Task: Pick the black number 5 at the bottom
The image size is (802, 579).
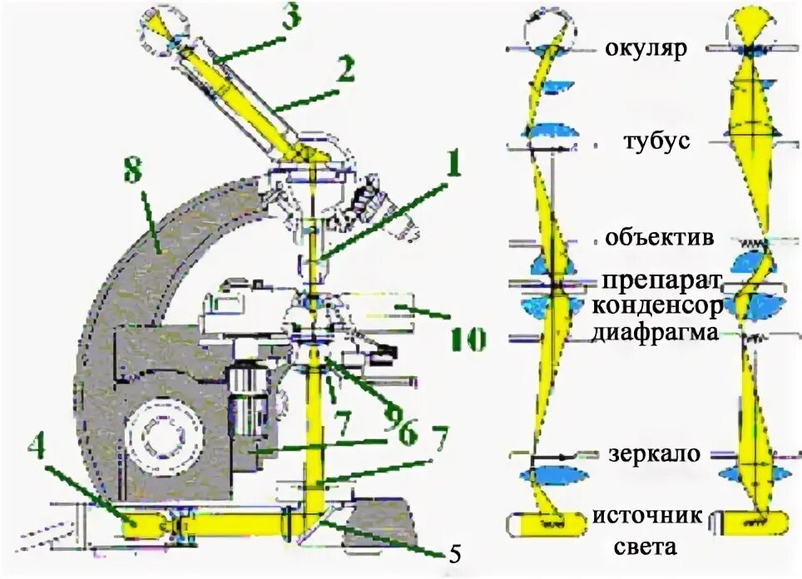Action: point(453,552)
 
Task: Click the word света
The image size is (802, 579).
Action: point(646,547)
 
